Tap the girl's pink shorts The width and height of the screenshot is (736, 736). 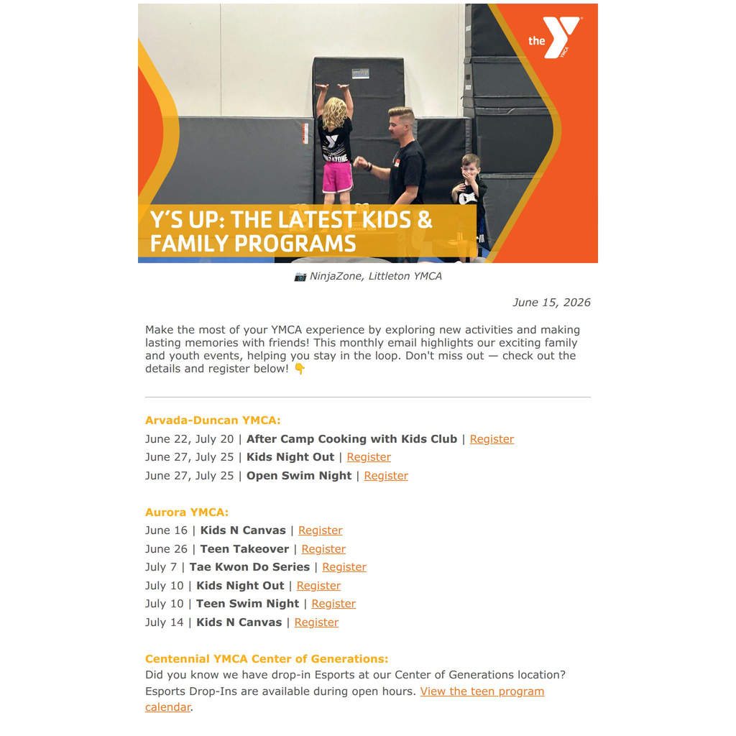(x=338, y=178)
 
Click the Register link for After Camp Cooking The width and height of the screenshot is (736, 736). (x=492, y=439)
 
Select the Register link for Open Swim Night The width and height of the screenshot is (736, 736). (x=386, y=476)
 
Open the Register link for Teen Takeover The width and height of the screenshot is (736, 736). (x=323, y=548)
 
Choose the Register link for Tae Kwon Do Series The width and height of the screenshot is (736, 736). (x=344, y=567)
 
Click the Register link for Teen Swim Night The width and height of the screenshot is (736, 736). (x=333, y=604)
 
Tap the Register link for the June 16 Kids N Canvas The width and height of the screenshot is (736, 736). (x=320, y=530)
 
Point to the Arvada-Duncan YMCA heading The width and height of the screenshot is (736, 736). (x=213, y=420)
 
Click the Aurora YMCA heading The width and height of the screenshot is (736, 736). (x=187, y=512)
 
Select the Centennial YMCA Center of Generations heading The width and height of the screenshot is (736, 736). (x=267, y=658)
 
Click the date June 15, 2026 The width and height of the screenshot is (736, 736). (x=551, y=303)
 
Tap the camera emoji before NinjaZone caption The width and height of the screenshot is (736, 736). (x=300, y=277)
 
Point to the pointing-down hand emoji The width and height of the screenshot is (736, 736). (x=300, y=369)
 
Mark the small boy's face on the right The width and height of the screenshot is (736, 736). (x=470, y=167)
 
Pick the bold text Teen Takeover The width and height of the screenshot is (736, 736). (x=244, y=548)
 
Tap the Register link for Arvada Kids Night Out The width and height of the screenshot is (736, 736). (x=369, y=457)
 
